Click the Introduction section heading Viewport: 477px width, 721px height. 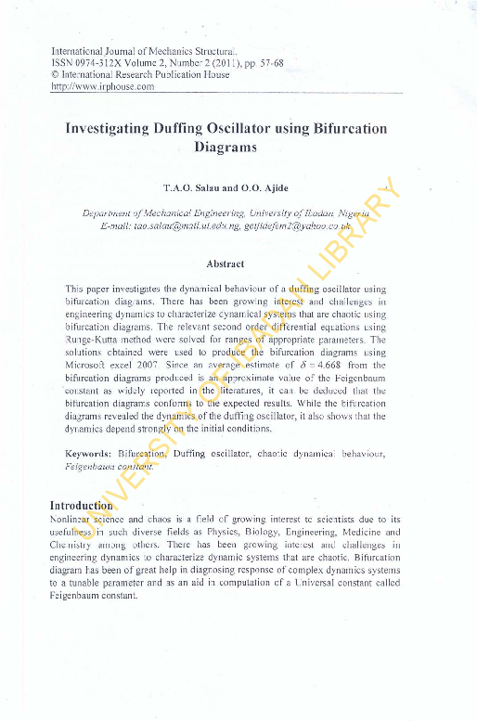[x=81, y=505]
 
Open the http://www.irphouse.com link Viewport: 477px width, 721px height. [x=102, y=86]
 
